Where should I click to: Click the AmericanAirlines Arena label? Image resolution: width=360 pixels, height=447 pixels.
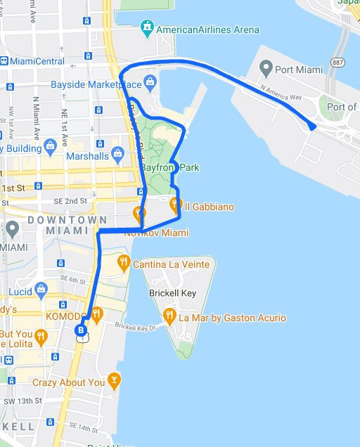(207, 30)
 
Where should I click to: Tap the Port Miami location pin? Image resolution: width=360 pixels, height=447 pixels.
(266, 69)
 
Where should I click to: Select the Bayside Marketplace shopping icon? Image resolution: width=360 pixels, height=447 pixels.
(150, 84)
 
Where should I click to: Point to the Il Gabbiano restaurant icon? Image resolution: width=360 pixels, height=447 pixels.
(175, 206)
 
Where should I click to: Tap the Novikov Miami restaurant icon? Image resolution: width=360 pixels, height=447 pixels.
(139, 212)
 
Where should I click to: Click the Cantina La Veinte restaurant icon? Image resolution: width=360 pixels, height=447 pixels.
(124, 263)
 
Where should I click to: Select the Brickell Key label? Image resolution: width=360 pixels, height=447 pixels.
(172, 293)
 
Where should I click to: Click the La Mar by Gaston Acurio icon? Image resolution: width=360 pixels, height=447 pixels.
(169, 317)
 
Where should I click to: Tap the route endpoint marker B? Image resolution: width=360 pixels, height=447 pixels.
(82, 330)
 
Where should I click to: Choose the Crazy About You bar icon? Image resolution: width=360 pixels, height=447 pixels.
(115, 382)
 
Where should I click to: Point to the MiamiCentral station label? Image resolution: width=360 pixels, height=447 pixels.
(42, 62)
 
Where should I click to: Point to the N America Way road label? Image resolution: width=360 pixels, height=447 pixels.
(281, 93)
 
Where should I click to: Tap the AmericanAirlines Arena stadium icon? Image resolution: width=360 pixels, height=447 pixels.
(147, 30)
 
